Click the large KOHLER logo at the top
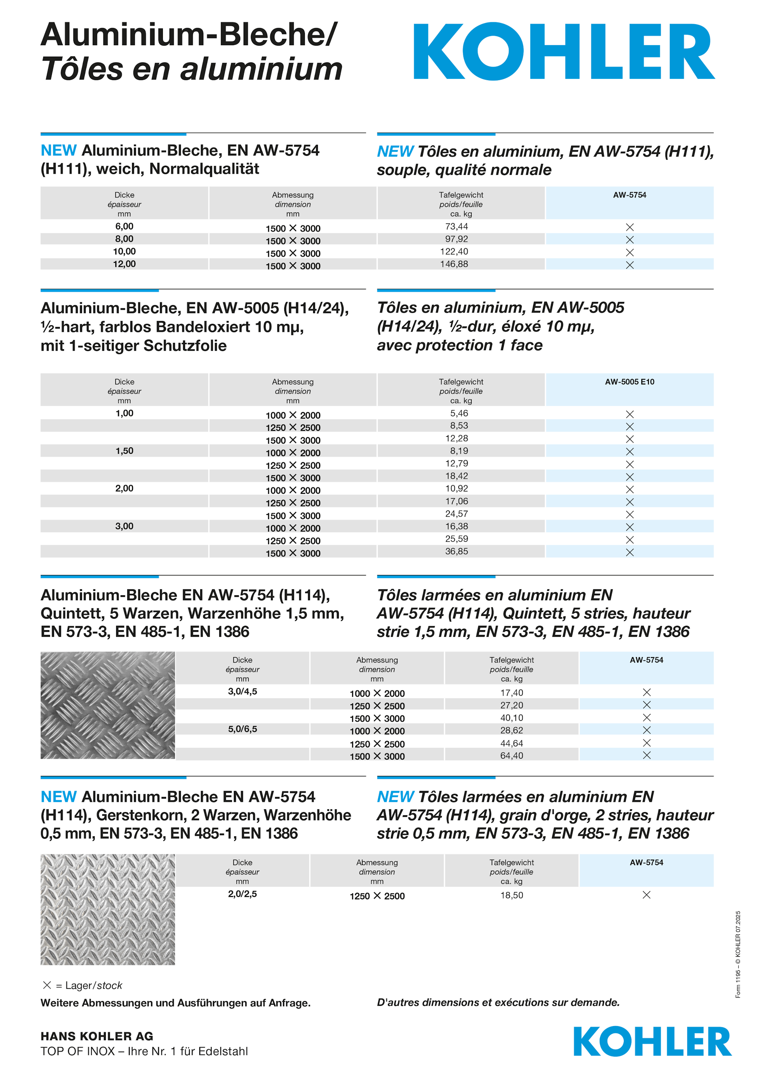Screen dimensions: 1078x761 pos(563,52)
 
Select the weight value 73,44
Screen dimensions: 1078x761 pos(456,227)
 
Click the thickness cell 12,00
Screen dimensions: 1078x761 pos(124,264)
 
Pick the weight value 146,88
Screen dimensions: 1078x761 pos(454,264)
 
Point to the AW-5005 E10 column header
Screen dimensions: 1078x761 pos(629,382)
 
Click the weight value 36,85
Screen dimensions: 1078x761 pos(456,552)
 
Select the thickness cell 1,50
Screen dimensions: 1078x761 pos(124,451)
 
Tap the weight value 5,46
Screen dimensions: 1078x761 pos(459,414)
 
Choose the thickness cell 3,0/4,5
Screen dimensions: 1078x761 pos(242,692)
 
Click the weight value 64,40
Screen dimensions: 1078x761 pos(511,756)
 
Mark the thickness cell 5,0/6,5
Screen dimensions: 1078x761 pos(242,729)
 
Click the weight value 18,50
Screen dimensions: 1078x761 pos(511,895)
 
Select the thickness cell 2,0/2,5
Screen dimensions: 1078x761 pos(242,894)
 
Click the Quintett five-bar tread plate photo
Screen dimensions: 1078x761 pos(107,705)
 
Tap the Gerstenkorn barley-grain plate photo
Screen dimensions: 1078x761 pos(107,910)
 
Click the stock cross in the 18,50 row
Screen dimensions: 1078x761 pos(646,895)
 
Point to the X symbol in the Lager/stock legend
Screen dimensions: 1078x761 pos(47,985)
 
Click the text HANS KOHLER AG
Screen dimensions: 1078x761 pos(97,1036)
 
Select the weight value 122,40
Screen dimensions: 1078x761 pos(454,252)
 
